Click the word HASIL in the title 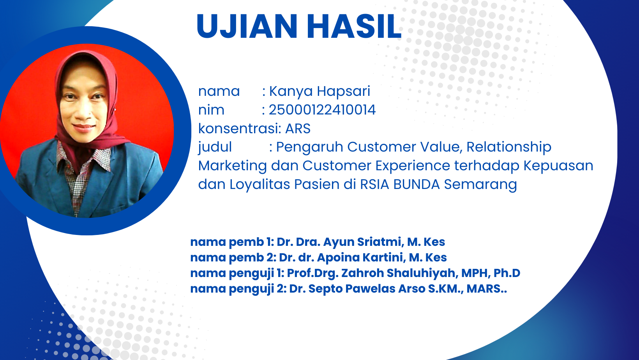(x=354, y=26)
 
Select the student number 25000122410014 (x=322, y=110)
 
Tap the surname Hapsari (x=343, y=92)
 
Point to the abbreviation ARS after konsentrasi (x=298, y=128)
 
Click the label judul (x=215, y=148)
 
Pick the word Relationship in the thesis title (x=508, y=147)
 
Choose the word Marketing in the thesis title (x=233, y=166)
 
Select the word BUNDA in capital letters (x=417, y=184)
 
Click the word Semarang (x=480, y=185)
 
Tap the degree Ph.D (x=507, y=273)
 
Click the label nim (x=211, y=110)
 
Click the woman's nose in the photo (x=84, y=113)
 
